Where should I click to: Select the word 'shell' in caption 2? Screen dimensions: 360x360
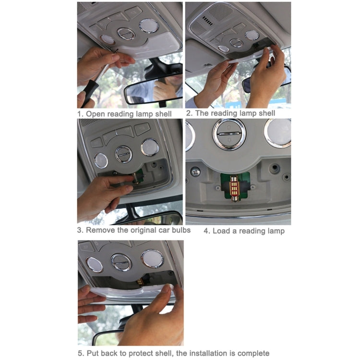tap(266, 113)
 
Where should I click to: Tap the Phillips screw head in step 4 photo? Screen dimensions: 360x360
tap(195, 171)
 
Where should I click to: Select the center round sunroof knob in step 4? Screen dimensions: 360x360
tap(229, 134)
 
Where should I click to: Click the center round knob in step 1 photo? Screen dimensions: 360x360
tap(126, 34)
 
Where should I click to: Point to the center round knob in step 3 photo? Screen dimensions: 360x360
tap(123, 154)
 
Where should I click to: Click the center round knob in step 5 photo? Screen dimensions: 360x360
tap(121, 262)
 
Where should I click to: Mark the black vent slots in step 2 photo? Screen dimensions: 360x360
tap(207, 21)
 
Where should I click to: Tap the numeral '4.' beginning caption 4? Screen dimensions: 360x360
tap(207, 231)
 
